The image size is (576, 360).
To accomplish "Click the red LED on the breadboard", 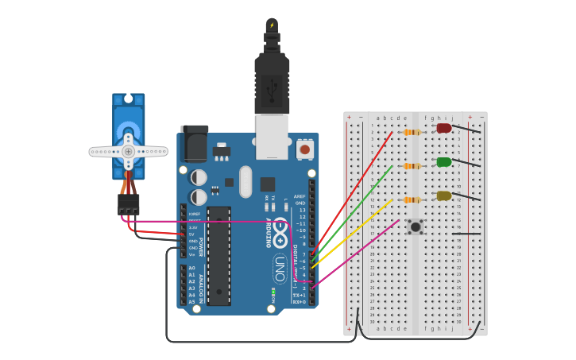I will [x=443, y=128].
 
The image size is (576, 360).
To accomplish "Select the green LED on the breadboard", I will [x=443, y=162].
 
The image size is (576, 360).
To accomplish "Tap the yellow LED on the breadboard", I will [x=443, y=195].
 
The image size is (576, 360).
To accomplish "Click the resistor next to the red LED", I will [x=411, y=132].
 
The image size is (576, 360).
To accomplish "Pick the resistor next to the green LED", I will [x=411, y=166].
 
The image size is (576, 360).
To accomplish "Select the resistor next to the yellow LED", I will [x=411, y=199].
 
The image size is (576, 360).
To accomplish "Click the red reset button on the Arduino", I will [x=304, y=149].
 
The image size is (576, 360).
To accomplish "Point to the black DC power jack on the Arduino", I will [x=194, y=143].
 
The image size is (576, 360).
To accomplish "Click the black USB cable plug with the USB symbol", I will [x=272, y=83].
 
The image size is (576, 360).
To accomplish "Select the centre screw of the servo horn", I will [x=128, y=150].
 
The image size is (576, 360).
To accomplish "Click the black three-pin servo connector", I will [x=128, y=204].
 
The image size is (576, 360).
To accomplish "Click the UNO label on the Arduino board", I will [x=280, y=268].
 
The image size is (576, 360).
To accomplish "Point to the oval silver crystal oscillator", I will [x=245, y=181].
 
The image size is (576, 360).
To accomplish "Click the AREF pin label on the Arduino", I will [x=300, y=196].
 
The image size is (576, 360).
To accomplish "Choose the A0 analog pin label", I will [x=191, y=268].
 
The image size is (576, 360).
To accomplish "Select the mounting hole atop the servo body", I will [x=128, y=100].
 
